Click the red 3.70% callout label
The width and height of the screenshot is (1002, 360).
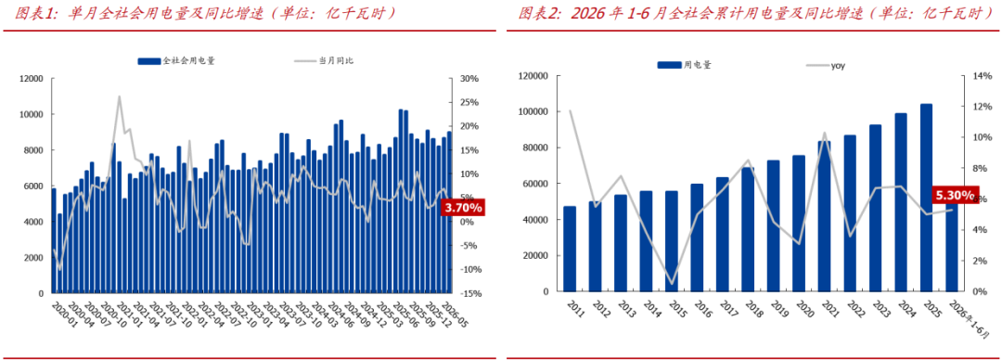pyautogui.click(x=463, y=207)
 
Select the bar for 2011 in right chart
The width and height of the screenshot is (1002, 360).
pyautogui.click(x=570, y=249)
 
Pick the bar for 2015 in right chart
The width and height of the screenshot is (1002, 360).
pyautogui.click(x=671, y=241)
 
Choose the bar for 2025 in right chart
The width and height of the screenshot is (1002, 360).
pyautogui.click(x=926, y=198)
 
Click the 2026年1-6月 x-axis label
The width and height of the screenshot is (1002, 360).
pyautogui.click(x=972, y=319)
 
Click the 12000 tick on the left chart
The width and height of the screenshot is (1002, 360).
pyautogui.click(x=31, y=79)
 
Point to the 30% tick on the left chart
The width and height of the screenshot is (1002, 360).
pyautogui.click(x=469, y=79)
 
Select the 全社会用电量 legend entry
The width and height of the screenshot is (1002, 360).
pyautogui.click(x=176, y=60)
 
